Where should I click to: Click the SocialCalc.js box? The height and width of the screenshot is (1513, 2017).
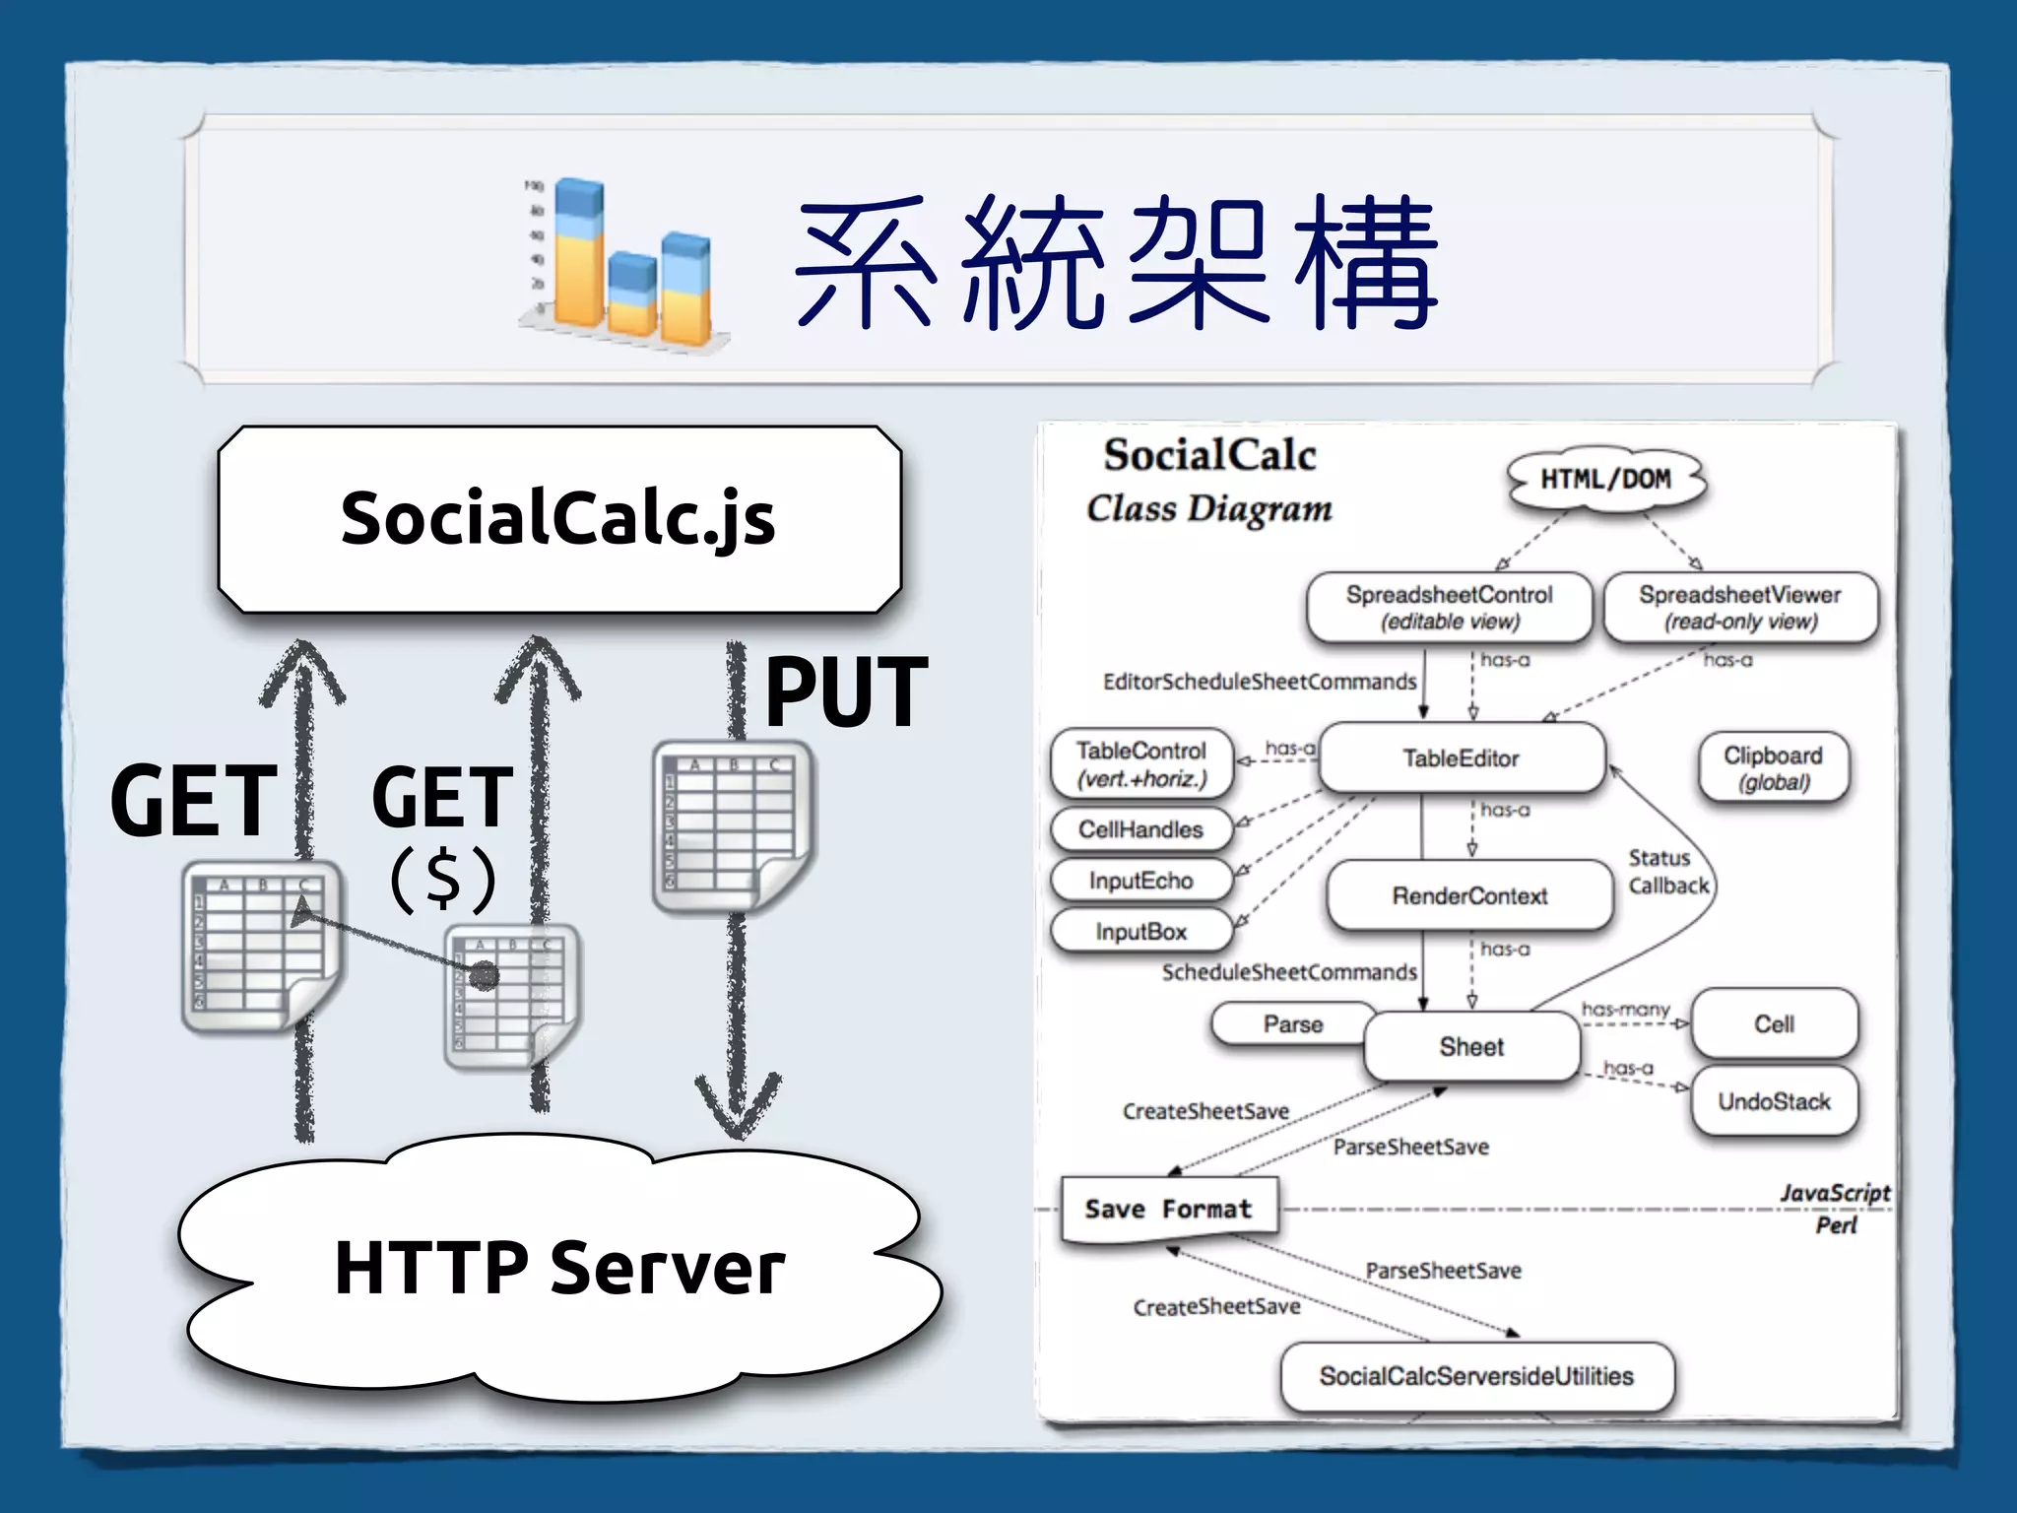[558, 519]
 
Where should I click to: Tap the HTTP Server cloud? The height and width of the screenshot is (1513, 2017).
[558, 1268]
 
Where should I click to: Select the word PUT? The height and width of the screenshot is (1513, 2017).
[846, 692]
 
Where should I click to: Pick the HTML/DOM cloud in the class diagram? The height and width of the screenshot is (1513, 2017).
[1605, 479]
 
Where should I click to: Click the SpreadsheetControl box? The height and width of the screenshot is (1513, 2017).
[1449, 608]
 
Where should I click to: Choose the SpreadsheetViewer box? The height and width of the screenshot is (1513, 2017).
[1739, 608]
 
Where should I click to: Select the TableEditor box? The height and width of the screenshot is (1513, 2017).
[1461, 758]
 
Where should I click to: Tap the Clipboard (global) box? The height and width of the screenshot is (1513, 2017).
[1773, 767]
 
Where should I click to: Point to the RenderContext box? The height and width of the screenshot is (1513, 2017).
[1469, 895]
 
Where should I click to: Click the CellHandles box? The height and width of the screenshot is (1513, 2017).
[1140, 829]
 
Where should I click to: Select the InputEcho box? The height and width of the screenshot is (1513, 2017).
[1140, 881]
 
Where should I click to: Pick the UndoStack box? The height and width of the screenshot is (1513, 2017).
[1774, 1101]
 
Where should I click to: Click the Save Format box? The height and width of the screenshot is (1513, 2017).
[1168, 1209]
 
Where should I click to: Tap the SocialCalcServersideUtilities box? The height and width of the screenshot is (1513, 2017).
[1476, 1376]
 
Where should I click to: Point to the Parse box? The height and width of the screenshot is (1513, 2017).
[1292, 1024]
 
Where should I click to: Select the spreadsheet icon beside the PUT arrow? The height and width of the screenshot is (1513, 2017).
[731, 825]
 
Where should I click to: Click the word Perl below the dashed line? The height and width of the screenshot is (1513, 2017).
[1836, 1225]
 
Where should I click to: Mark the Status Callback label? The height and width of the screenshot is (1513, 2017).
[1667, 872]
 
